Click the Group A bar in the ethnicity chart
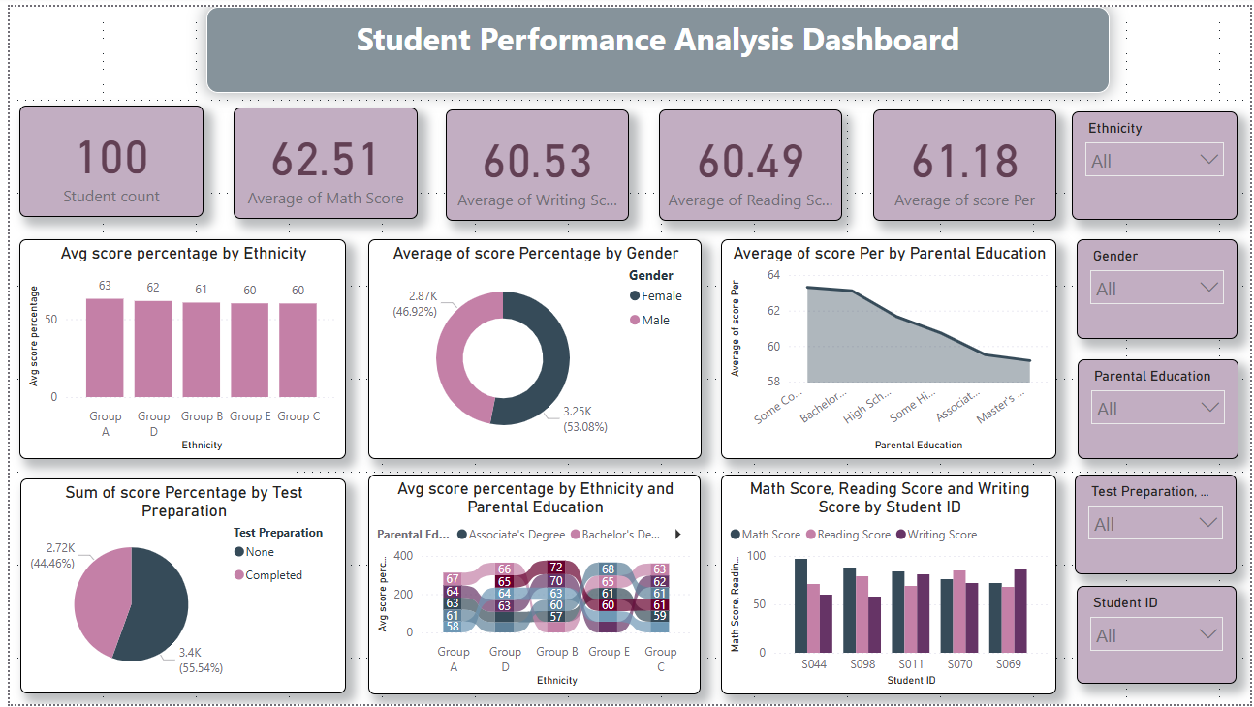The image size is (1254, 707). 105,348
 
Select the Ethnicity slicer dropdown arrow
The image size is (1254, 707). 1208,159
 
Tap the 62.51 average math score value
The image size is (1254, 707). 325,160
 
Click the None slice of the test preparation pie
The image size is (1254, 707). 155,605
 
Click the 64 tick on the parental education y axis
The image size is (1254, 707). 746,275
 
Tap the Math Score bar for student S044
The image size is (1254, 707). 800,605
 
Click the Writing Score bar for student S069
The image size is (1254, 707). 1019,611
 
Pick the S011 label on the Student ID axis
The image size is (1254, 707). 910,664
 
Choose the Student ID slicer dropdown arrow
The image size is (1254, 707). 1208,633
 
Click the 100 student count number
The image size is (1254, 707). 111,158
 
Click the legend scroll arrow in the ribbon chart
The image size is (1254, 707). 677,534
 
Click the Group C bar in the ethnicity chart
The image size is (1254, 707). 298,350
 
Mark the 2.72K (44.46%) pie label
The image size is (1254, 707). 52,555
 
